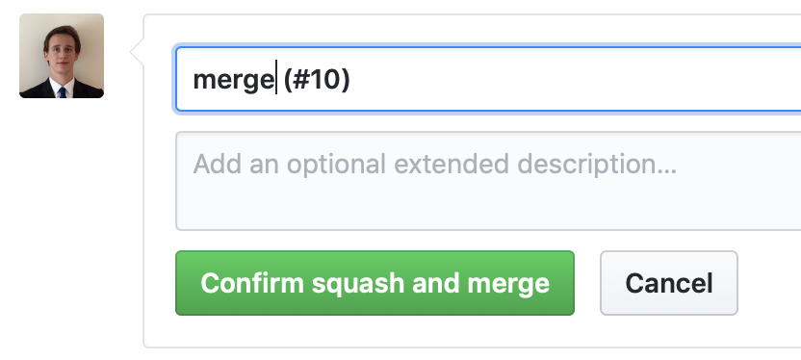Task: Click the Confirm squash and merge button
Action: (x=375, y=283)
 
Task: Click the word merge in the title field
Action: (x=233, y=80)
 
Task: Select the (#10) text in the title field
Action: (x=316, y=80)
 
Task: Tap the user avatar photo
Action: (x=62, y=56)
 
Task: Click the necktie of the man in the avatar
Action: (x=63, y=92)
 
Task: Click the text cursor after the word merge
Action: (x=277, y=80)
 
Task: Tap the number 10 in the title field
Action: (x=323, y=80)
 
